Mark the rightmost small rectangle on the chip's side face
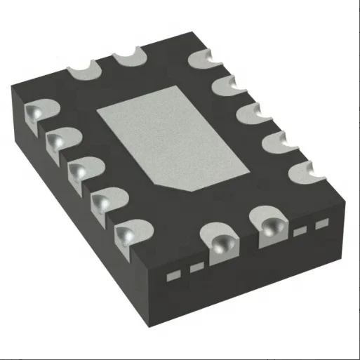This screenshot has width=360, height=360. pos(322,225)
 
